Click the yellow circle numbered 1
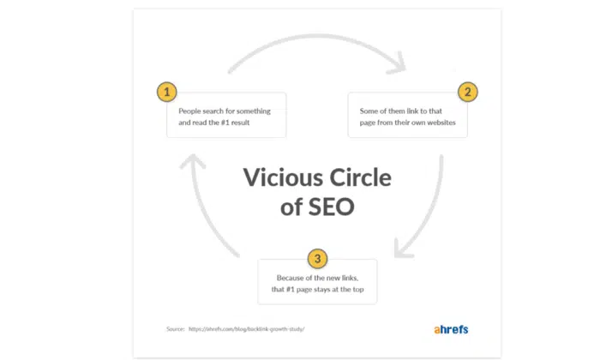tap(167, 92)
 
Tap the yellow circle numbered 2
tap(468, 92)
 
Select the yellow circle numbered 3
tap(317, 259)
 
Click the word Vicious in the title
tap(283, 177)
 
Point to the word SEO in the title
tap(332, 207)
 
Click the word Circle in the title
tap(361, 177)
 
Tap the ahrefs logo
tap(451, 329)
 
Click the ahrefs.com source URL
tap(247, 329)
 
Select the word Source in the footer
tap(175, 329)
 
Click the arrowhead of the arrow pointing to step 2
tap(398, 64)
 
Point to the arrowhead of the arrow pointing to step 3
tap(402, 249)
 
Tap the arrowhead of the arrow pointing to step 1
tap(193, 160)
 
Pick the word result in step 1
tap(240, 123)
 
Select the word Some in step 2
tap(369, 111)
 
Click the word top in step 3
tap(357, 290)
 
